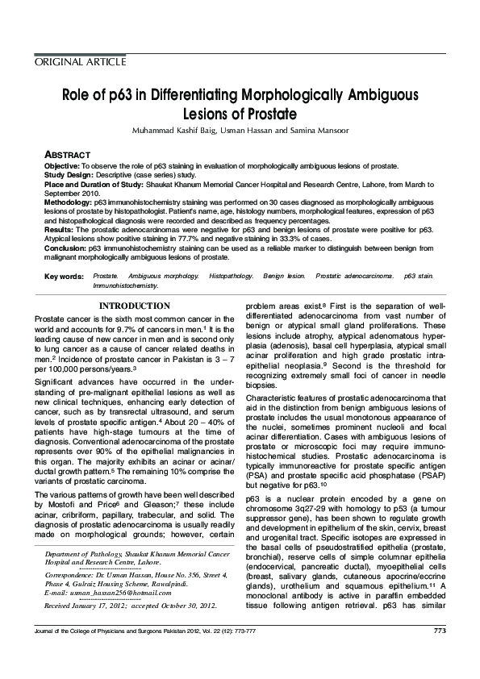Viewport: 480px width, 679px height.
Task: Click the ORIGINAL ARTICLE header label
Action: (x=80, y=62)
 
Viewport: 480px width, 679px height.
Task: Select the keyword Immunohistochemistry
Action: (x=126, y=285)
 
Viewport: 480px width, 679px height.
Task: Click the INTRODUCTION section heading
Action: (x=134, y=306)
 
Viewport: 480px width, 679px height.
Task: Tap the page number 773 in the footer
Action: (x=440, y=652)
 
